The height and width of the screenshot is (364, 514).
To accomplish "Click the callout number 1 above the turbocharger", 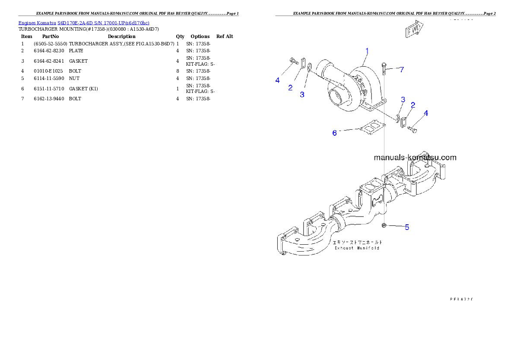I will tap(367, 51).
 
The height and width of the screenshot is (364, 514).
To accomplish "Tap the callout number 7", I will tap(402, 70).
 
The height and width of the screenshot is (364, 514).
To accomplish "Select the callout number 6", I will tap(334, 133).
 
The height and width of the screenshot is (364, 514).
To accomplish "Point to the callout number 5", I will tap(407, 227).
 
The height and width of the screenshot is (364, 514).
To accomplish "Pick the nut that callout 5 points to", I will tap(384, 225).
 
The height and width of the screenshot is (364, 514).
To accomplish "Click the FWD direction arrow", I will tap(414, 30).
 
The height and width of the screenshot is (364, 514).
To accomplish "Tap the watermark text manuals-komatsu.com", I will tap(415, 158).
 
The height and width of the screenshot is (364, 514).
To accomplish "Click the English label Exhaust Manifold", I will tap(357, 248).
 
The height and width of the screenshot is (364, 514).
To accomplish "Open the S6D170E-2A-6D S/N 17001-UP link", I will tap(104, 23).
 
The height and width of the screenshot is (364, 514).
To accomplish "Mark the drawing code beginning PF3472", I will tap(461, 298).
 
